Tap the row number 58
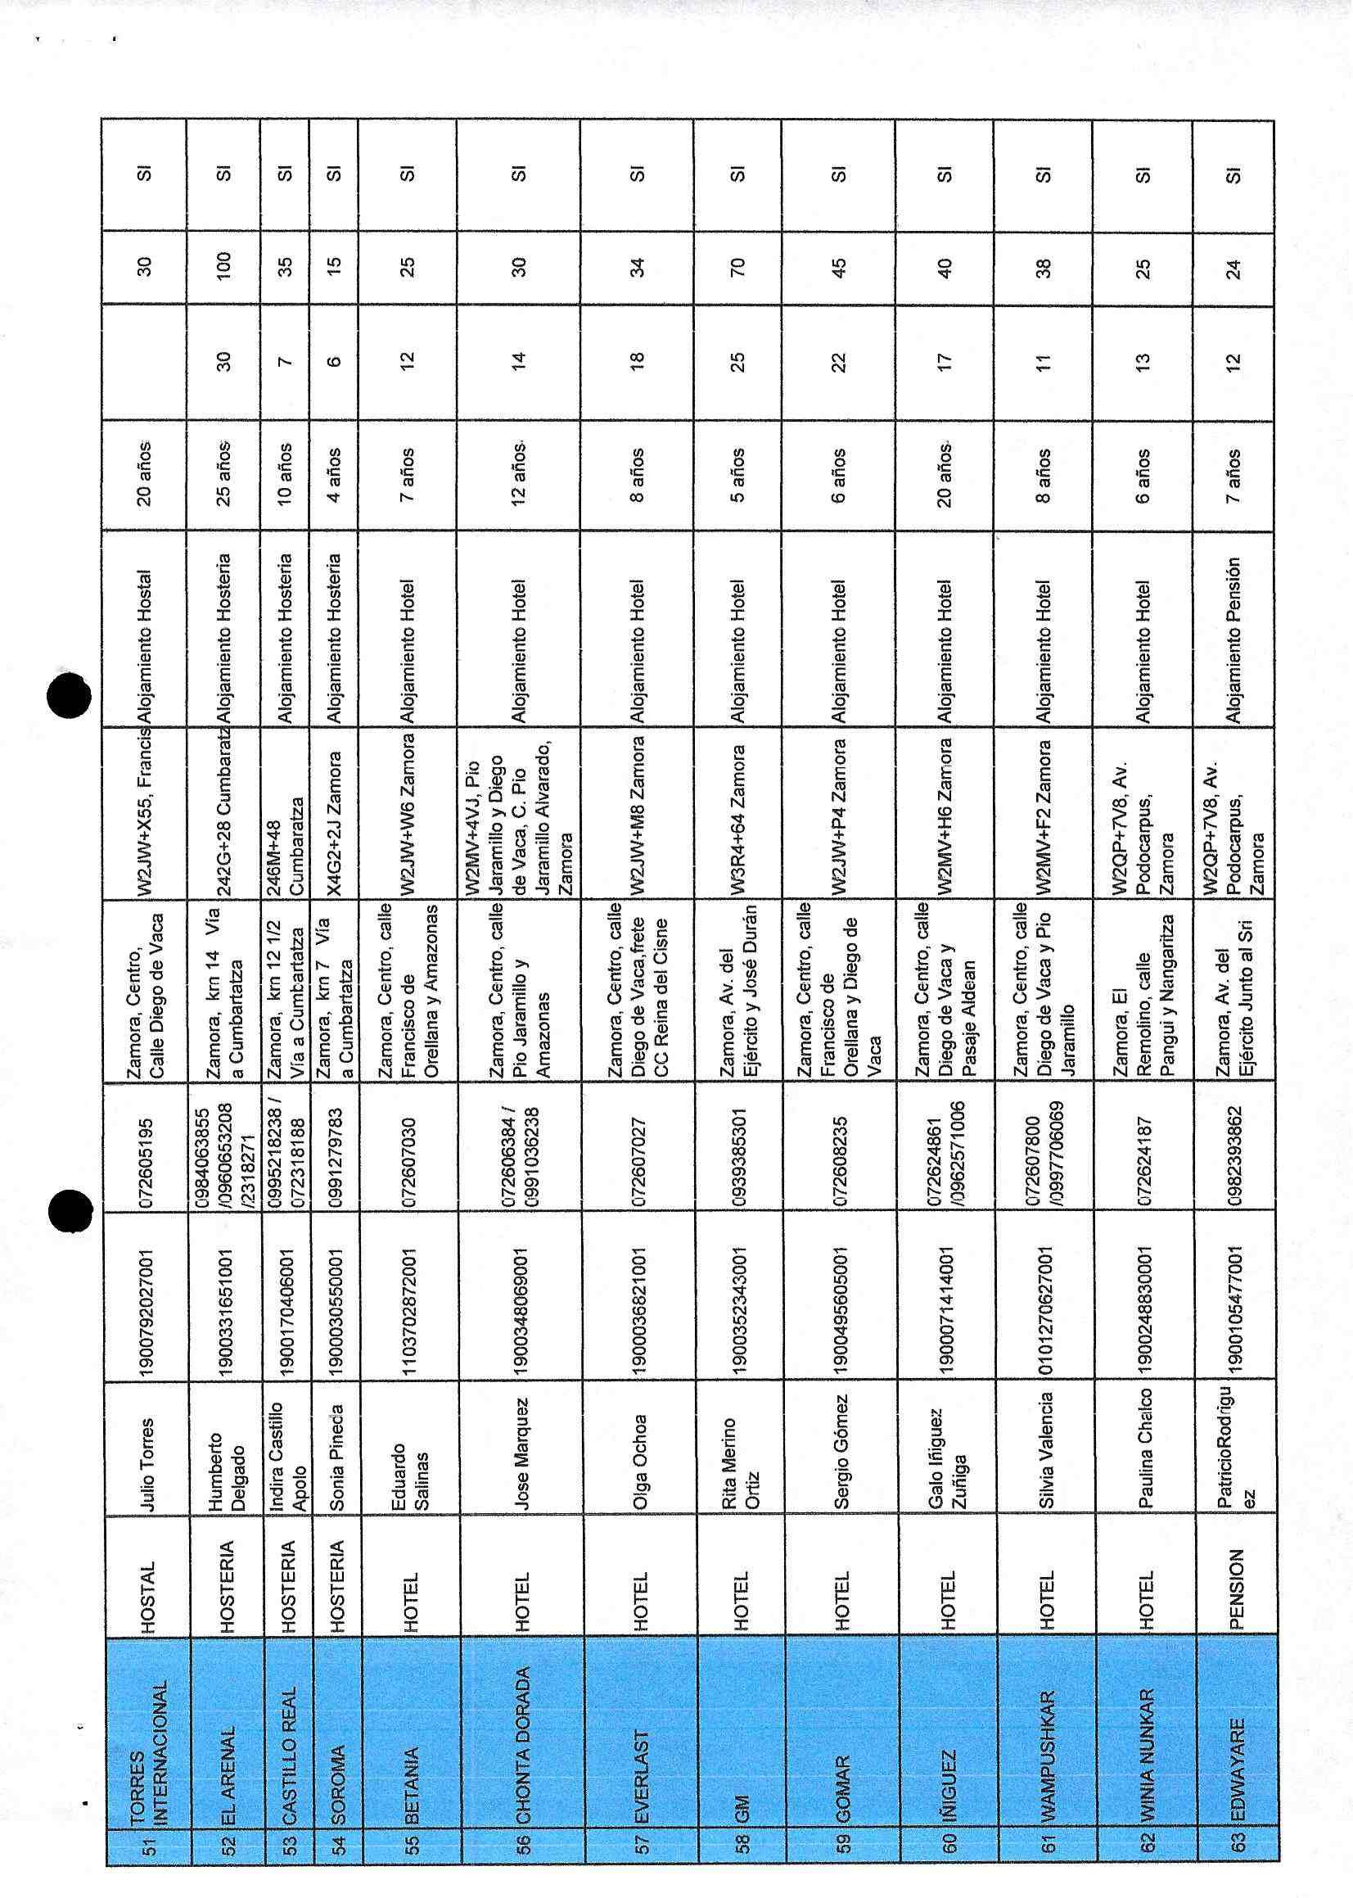tap(738, 1861)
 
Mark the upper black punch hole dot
tap(68, 695)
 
